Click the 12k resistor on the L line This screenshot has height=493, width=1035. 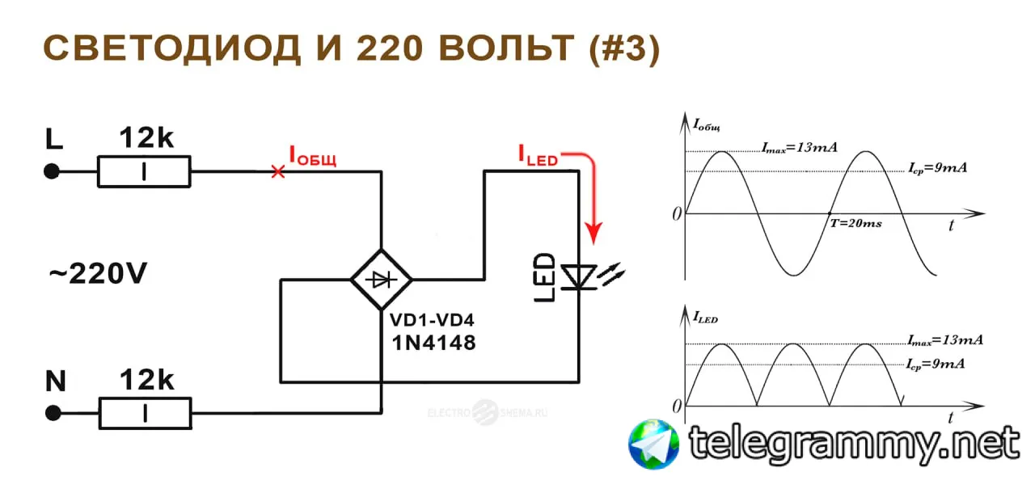point(144,171)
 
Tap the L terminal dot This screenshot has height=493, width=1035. point(52,171)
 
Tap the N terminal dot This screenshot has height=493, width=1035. point(53,413)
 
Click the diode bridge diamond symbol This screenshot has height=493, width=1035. point(381,280)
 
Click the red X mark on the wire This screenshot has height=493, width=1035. point(277,171)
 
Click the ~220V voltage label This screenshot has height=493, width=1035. point(97,275)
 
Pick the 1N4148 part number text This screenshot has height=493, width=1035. point(433,343)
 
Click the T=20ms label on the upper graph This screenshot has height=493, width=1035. point(855,223)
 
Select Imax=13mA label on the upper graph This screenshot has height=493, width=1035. point(799,148)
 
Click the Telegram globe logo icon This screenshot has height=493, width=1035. point(654,444)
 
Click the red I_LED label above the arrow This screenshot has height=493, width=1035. point(538,156)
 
